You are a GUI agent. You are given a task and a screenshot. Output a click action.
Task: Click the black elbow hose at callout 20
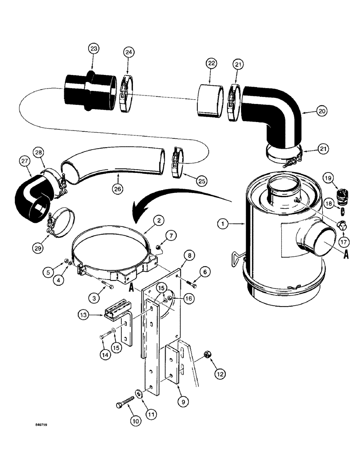point(275,112)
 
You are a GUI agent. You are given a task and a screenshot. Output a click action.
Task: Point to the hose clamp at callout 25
point(177,163)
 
